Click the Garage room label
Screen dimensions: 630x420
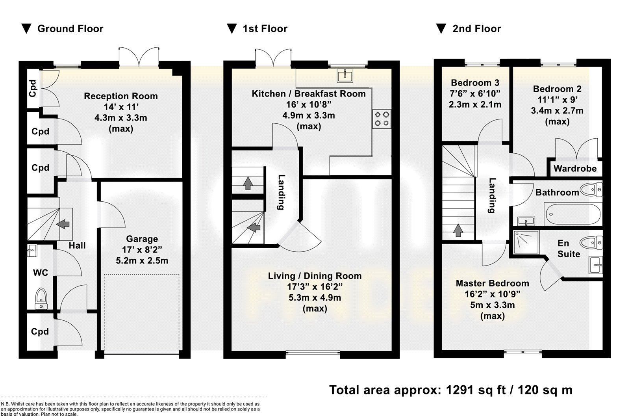(142, 239)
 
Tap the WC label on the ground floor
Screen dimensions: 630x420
(41, 273)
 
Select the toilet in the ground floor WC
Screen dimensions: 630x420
(41, 298)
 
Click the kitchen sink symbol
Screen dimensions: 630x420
(345, 75)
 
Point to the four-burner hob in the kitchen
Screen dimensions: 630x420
(382, 119)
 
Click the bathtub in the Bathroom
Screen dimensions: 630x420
(573, 214)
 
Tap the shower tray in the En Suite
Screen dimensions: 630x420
(526, 242)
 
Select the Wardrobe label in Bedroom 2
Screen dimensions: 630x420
(575, 168)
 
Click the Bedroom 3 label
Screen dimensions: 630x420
(475, 83)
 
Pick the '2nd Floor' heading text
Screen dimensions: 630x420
(477, 29)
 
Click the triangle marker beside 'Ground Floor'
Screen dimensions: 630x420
(26, 29)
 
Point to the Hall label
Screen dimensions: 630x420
(77, 245)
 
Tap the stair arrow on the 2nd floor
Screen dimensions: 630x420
(458, 230)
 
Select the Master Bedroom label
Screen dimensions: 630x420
(492, 283)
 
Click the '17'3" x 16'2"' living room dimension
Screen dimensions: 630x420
(315, 286)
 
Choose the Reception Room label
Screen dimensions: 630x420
(120, 96)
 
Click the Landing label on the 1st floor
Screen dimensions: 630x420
(281, 192)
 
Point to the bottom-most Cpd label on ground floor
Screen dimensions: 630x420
(40, 331)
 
